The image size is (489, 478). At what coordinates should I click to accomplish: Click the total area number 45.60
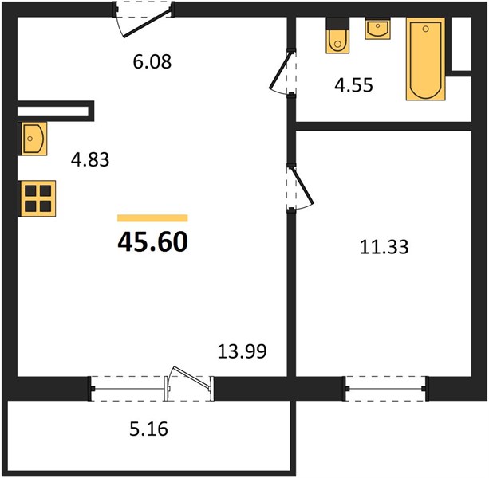153,242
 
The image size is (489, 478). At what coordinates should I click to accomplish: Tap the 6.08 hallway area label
152,61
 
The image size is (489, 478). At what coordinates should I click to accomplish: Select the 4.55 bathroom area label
353,85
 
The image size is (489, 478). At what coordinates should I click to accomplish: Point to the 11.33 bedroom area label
384,247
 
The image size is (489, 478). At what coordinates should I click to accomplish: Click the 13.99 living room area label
242,351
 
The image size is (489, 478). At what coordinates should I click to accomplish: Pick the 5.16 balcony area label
148,429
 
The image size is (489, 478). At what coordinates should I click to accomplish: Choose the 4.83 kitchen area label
90,160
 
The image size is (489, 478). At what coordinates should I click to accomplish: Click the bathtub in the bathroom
425,59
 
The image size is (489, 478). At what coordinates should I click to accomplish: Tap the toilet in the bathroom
337,35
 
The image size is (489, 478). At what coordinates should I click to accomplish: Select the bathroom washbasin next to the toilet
377,29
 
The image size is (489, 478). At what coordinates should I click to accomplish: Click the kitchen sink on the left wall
34,139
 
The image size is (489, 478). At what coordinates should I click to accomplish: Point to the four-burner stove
38,198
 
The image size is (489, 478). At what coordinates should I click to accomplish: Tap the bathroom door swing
282,72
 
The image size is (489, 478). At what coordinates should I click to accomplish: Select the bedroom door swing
301,187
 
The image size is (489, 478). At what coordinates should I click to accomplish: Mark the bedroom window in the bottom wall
386,388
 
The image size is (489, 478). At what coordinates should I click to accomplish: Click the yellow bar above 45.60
152,218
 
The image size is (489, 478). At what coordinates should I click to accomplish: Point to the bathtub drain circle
425,29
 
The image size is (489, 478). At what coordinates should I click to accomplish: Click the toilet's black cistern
337,24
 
